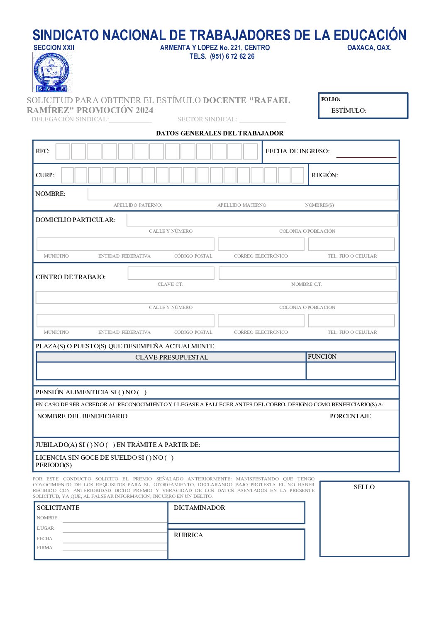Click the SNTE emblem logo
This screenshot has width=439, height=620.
pos(52,72)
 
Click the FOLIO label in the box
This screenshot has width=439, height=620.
pos(330,99)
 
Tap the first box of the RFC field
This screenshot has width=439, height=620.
pos(63,152)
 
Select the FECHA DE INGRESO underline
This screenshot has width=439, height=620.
pos(366,157)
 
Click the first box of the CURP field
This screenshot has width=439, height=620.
pos(68,175)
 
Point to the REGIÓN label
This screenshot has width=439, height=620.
pos(324,175)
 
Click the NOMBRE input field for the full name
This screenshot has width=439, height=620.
pos(242,194)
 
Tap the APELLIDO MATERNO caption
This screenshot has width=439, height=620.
pos(241,205)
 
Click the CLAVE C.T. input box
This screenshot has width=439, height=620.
pos(171,273)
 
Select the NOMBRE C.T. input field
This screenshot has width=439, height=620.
pos(307,273)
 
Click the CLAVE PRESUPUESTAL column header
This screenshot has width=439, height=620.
pos(171,357)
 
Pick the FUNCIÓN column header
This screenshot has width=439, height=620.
pos(322,357)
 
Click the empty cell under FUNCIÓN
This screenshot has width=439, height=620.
pos(351,371)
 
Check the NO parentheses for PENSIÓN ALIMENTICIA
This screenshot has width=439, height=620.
pos(142,392)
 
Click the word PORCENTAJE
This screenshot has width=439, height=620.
pos(350,416)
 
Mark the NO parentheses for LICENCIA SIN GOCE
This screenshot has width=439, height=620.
pos(169,458)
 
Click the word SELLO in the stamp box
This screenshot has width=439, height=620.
pos(364,487)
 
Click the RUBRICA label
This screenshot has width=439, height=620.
pos(188,535)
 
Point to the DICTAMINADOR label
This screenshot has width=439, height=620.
pos(199,508)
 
